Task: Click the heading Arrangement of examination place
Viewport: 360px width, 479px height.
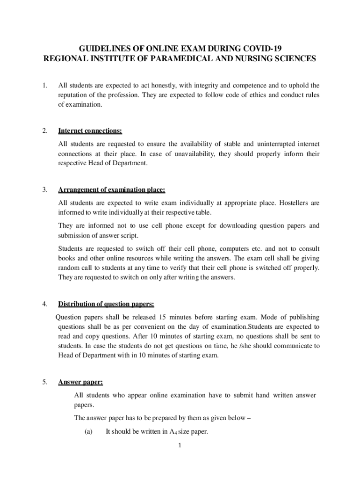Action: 111,190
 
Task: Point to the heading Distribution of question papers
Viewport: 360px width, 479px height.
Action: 106,304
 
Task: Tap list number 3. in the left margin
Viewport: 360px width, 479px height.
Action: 44,190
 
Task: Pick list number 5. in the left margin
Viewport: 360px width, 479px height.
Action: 44,382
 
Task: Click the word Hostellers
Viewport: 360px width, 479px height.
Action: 289,203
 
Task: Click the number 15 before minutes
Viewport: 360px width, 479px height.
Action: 163,317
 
